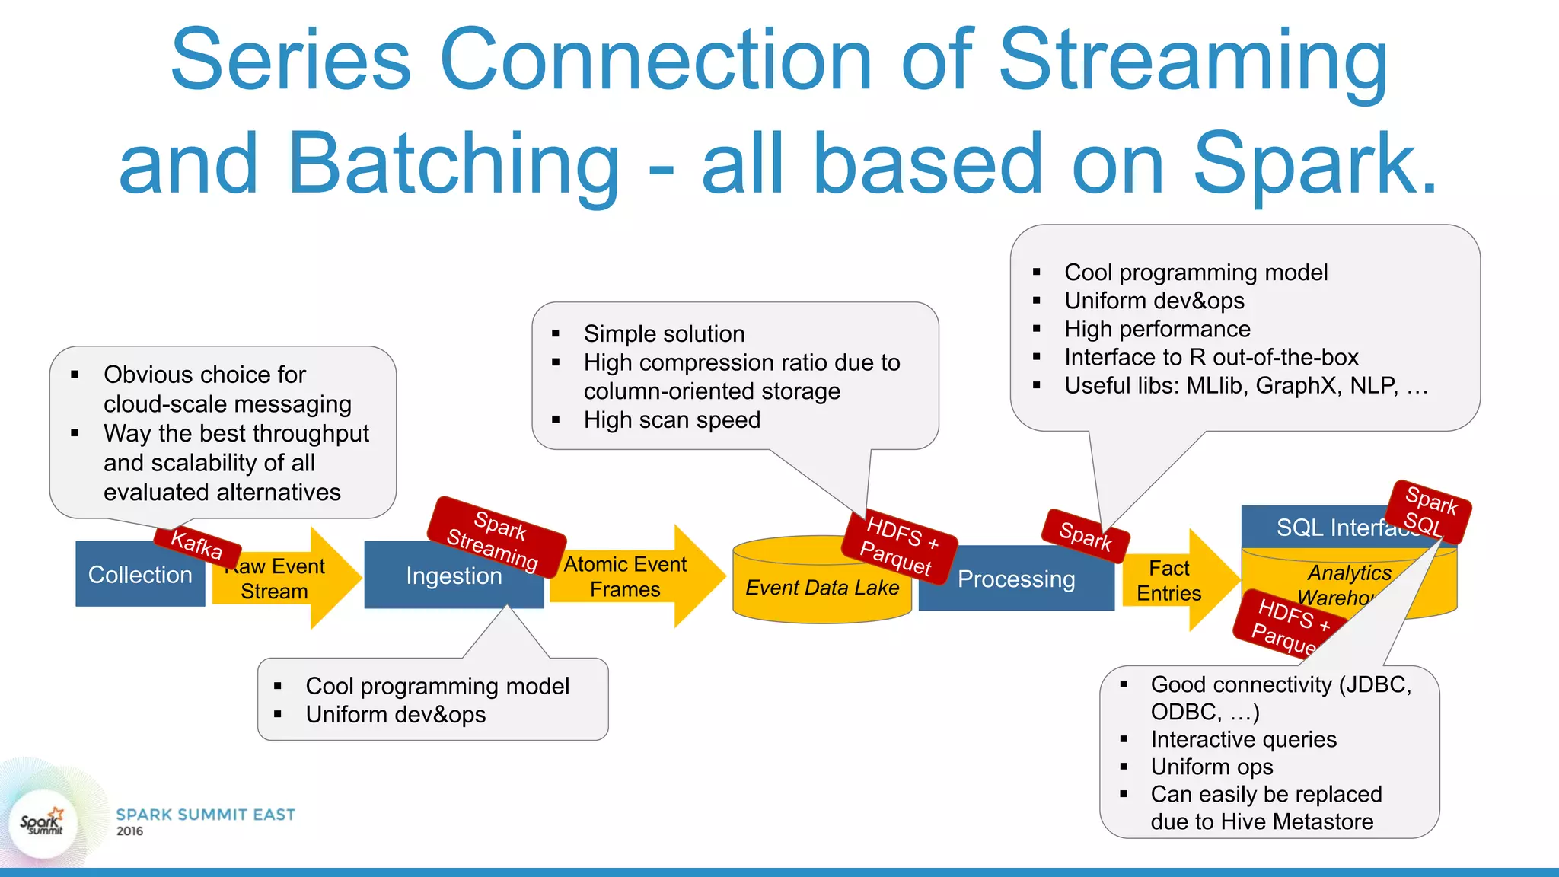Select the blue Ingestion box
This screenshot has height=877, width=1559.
point(454,577)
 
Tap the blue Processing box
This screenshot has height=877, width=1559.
point(1015,580)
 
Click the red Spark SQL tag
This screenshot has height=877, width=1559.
point(1429,512)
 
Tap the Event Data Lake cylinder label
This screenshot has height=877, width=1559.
point(821,588)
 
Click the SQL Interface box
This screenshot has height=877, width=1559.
point(1325,528)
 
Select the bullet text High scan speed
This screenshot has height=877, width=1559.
point(671,420)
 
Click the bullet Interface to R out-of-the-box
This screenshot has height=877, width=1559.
point(1210,357)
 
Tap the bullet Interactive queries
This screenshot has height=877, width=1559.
point(1243,739)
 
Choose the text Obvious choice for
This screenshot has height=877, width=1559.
point(205,375)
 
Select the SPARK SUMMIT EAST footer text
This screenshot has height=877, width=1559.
point(206,815)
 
